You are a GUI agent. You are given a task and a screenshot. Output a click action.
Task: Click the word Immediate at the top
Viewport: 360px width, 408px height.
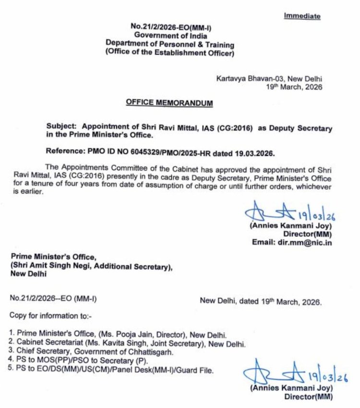pos(302,16)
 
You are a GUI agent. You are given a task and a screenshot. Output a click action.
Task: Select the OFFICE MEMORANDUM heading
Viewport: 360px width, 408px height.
pos(169,103)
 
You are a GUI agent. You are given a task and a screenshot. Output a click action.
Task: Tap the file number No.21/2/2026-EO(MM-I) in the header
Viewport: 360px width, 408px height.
pos(165,27)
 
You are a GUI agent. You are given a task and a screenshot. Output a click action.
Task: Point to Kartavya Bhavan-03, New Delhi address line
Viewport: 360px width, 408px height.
pos(269,78)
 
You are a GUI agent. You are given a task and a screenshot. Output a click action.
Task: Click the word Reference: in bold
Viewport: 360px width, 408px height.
pos(67,152)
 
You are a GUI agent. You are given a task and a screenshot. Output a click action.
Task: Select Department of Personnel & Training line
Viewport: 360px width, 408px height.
pos(170,44)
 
